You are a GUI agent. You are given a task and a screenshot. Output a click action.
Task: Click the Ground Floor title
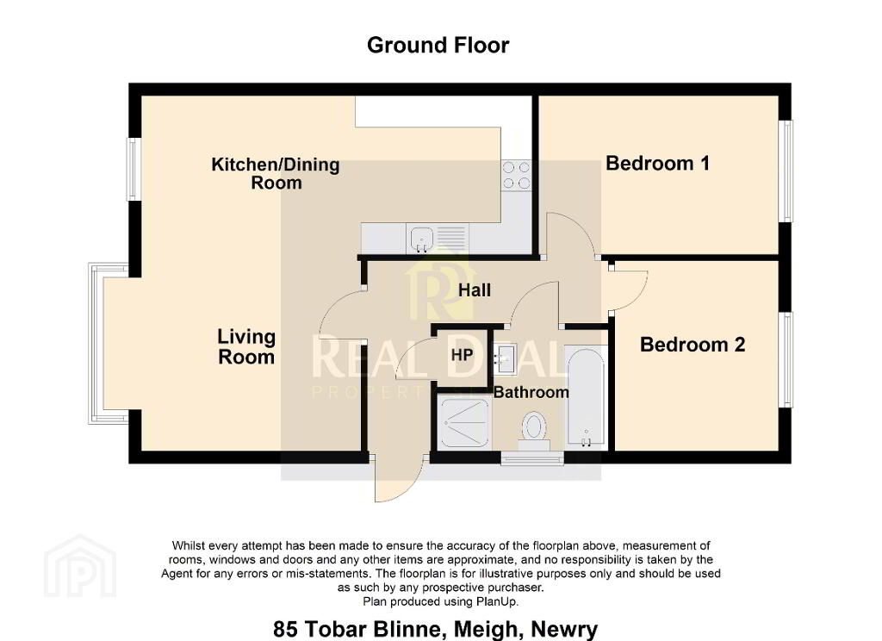[x=438, y=45]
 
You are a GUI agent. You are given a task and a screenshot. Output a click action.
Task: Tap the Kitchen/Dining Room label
[x=276, y=173]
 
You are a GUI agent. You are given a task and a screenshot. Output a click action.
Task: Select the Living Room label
[x=246, y=346]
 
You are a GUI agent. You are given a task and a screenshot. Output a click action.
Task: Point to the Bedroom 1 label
[x=657, y=163]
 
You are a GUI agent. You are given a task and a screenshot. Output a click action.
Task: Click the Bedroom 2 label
[x=693, y=345]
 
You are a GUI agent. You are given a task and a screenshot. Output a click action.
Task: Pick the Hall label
[x=475, y=290]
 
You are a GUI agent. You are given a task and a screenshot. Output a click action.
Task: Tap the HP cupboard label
[x=462, y=355]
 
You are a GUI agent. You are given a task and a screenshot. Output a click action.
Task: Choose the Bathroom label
[x=531, y=392]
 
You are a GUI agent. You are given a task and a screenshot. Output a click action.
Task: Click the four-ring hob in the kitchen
[x=516, y=175]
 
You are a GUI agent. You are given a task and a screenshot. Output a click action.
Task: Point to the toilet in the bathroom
[x=534, y=431]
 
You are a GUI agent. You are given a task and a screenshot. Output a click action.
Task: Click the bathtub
[x=585, y=397]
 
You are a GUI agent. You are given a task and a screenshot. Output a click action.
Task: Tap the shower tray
[x=464, y=423]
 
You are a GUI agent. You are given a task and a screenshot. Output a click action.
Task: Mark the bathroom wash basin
[x=506, y=358]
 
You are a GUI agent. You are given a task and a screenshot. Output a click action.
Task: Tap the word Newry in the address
[x=564, y=629]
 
